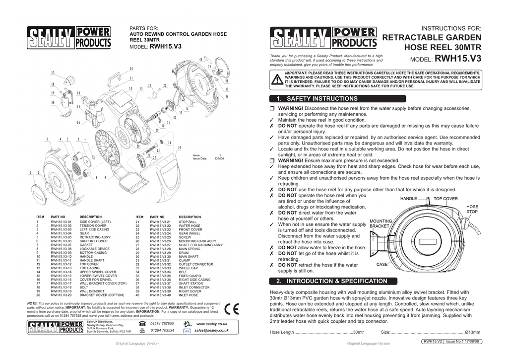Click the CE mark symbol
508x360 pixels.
(x=232, y=309)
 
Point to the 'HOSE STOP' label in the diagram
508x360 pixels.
(x=472, y=209)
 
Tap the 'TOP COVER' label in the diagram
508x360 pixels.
(x=445, y=198)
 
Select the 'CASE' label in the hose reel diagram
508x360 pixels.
(x=382, y=264)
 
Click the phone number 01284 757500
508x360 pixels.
(x=162, y=324)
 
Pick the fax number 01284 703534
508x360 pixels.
(x=162, y=330)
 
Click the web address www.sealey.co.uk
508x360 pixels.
(x=212, y=324)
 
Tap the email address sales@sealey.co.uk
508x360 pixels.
(x=211, y=330)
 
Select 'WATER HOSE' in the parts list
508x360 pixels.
(x=190, y=226)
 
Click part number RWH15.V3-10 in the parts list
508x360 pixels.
(x=62, y=256)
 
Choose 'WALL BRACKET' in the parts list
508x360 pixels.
(x=92, y=290)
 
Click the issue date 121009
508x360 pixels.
(x=219, y=159)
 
